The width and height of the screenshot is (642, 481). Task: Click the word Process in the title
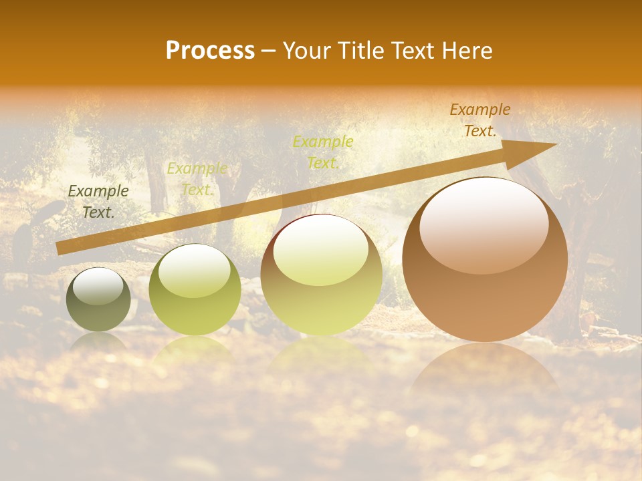coord(210,51)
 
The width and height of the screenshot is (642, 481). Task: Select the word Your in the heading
coord(307,51)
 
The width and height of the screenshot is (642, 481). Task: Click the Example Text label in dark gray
coord(98,202)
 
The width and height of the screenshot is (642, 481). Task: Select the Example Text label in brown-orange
coord(480,120)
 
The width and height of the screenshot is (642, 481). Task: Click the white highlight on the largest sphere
coord(484,224)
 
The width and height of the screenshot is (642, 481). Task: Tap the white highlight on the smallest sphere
coord(98,286)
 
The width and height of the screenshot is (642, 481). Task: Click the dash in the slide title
coord(268,51)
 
